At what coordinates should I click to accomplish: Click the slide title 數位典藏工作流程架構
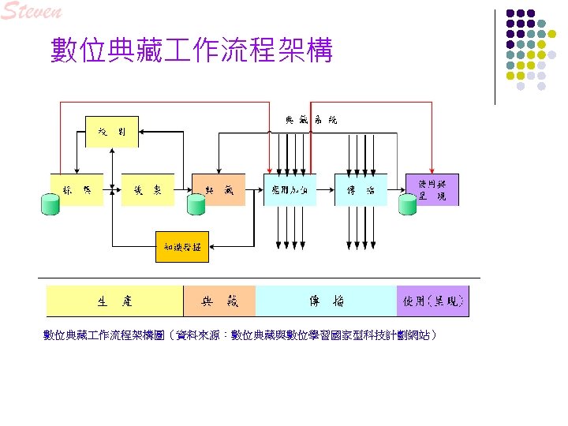(x=191, y=50)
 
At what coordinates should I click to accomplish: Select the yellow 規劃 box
(x=111, y=131)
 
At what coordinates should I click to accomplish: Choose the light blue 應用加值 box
(x=290, y=189)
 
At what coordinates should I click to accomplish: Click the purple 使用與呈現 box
(x=432, y=189)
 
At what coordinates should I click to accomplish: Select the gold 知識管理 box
(x=182, y=248)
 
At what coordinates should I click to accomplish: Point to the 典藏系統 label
(x=311, y=120)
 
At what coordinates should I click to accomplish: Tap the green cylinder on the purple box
(x=408, y=205)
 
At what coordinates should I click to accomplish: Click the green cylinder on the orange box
(x=196, y=205)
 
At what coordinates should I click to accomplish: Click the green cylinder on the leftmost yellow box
(x=50, y=205)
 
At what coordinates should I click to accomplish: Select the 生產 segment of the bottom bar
(x=115, y=301)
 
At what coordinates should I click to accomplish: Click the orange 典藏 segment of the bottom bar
(x=219, y=301)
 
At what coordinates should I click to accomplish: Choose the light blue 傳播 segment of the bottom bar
(x=326, y=301)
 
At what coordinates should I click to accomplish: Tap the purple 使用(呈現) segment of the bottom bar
(x=432, y=301)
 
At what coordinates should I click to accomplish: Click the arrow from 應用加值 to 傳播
(x=326, y=189)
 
